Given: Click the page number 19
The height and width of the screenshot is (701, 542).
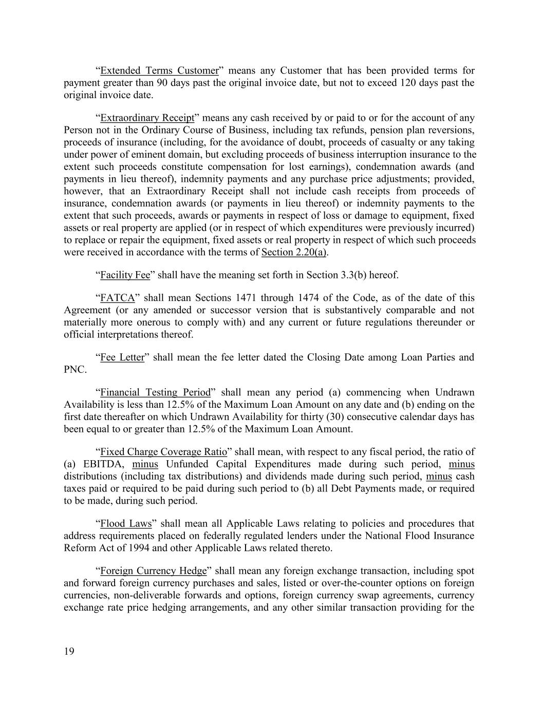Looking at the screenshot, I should (69, 652).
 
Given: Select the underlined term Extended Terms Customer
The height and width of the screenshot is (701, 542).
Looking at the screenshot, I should (159, 71).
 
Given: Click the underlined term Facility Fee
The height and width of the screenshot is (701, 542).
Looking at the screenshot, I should (125, 275).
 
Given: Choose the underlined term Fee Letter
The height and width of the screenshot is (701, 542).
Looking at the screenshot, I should (122, 357).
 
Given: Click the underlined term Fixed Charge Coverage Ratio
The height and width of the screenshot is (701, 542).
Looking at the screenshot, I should (163, 452).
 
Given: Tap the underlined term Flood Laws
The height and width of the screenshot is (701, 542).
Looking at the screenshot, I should (126, 524).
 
